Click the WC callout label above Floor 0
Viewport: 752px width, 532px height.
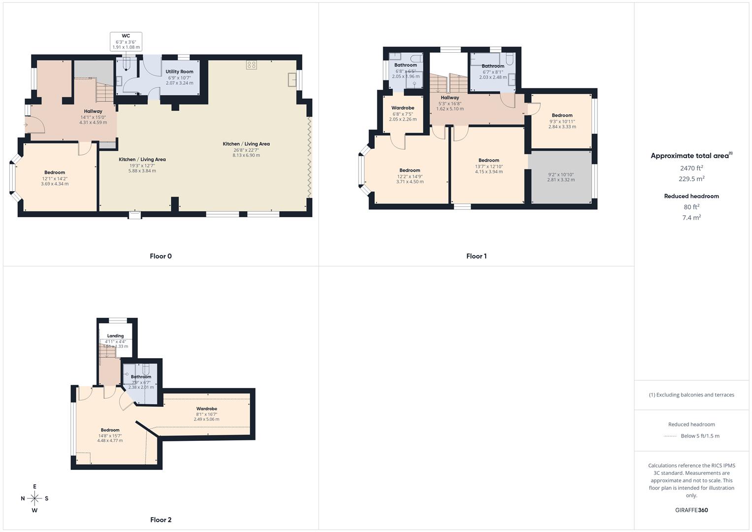tap(126, 36)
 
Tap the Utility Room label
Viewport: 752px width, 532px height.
tap(179, 72)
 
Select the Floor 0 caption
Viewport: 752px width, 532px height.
tap(161, 256)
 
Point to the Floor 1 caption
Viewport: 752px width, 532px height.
tap(476, 256)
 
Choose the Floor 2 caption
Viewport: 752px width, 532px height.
tap(161, 520)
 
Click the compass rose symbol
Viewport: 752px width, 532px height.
tap(34, 499)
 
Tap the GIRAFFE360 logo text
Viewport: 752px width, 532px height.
tap(691, 510)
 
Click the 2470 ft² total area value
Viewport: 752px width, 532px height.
tap(691, 168)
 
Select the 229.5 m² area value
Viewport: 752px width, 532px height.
tap(691, 179)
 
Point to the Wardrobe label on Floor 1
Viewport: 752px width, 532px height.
tap(403, 108)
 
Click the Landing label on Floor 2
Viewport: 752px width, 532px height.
tap(116, 336)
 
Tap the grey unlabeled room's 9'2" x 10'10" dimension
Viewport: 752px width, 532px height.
tap(561, 174)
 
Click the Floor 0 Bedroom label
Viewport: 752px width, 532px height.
tap(55, 172)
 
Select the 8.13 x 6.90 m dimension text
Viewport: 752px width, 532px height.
tap(246, 155)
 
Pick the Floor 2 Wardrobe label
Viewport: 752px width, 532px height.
tap(206, 409)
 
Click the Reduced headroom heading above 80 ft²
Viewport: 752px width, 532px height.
tap(691, 196)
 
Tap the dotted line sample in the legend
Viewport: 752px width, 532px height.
tap(670, 436)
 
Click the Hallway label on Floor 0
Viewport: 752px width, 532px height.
tap(93, 111)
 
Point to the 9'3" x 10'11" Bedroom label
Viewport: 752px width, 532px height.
tap(562, 115)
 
